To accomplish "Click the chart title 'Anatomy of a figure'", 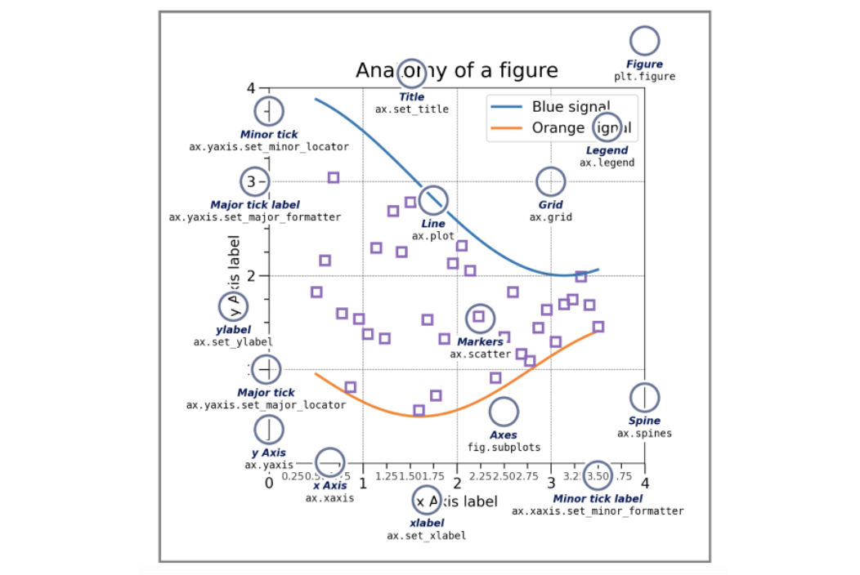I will pos(456,70).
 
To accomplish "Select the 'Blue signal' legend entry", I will pos(570,106).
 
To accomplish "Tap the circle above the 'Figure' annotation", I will pos(645,41).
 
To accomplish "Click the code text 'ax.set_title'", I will pos(412,109).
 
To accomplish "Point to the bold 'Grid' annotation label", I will pos(550,205).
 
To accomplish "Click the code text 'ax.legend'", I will pos(607,163).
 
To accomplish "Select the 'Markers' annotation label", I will pos(480,342).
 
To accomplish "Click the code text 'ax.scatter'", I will pos(477,354).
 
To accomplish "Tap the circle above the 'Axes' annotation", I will pos(504,412).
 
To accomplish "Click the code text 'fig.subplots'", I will pos(504,448).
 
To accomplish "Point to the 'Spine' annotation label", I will pos(644,421).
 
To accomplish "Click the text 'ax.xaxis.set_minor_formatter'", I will pos(598,511).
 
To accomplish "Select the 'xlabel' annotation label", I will pos(427,523).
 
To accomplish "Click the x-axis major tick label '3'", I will pos(551,483).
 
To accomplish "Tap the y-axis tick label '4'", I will pos(251,87).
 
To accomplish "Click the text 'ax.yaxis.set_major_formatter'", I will pos(255,217).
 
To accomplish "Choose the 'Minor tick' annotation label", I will pos(269,135).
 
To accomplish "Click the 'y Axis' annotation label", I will pos(268,452).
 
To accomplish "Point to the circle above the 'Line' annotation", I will pos(434,199).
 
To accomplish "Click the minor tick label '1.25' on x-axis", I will pos(387,475).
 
